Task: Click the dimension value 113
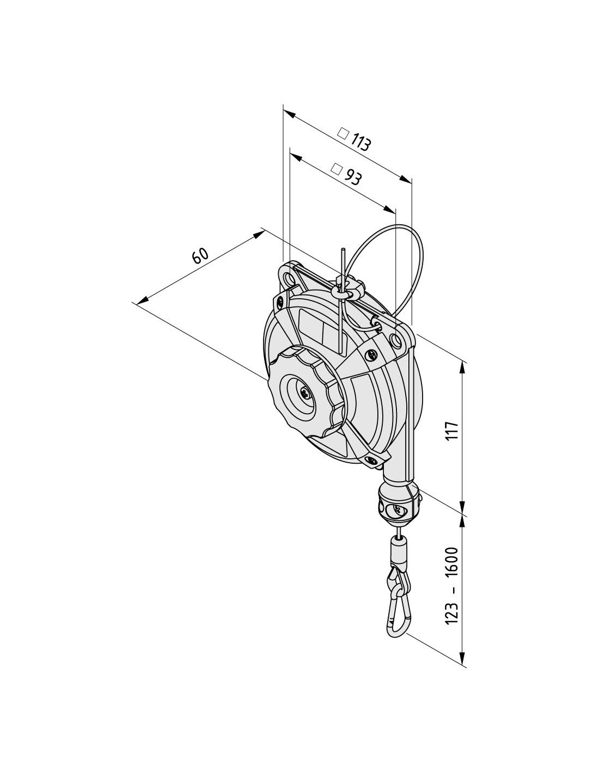tap(360, 143)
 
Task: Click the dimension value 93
tap(351, 176)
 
